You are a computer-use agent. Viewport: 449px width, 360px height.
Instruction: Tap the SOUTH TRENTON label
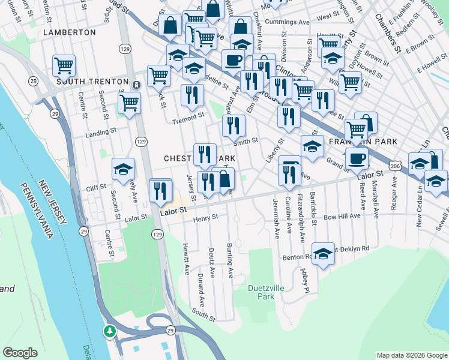point(92,81)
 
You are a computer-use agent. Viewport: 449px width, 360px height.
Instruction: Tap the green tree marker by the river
point(109,331)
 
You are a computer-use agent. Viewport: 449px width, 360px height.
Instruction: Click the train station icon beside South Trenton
point(137,84)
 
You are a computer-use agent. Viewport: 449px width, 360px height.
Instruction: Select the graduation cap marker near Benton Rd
point(323,254)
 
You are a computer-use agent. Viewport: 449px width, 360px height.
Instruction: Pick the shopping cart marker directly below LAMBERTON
point(64,65)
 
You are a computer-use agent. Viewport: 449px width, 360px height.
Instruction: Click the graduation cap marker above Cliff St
point(123,169)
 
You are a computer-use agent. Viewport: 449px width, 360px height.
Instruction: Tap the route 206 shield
point(394,164)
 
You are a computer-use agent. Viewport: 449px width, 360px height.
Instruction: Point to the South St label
point(203,312)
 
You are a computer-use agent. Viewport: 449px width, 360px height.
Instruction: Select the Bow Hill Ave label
point(342,215)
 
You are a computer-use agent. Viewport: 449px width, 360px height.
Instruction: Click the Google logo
point(20,353)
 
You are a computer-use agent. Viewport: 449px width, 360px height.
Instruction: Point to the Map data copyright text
point(411,355)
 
